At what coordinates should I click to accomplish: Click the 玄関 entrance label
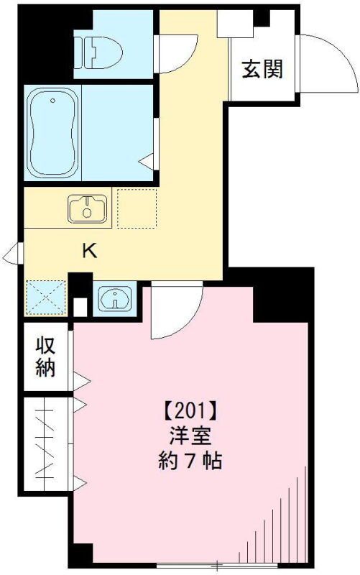point(262,69)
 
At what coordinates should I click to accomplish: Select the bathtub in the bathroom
point(52,133)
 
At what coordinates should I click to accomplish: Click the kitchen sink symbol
point(88,208)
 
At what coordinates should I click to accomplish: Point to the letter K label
point(89,251)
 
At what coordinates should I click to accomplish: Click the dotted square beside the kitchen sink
point(137,208)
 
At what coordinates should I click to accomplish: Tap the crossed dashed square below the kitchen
point(45,298)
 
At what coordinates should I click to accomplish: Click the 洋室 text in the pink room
point(190,436)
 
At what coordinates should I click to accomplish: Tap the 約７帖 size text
point(190,460)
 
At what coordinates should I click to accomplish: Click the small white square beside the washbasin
point(80,307)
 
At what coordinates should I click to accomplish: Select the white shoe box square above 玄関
point(236,24)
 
